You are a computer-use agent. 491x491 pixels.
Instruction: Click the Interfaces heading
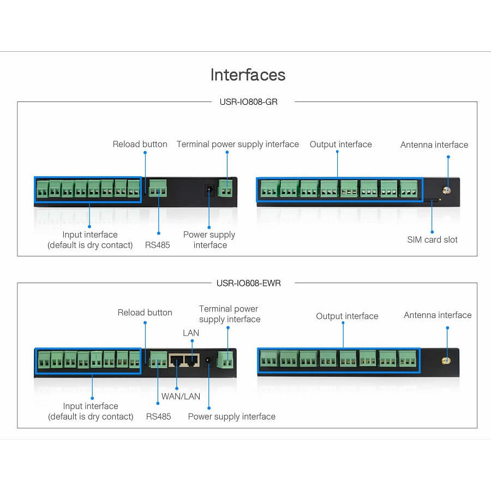(x=248, y=75)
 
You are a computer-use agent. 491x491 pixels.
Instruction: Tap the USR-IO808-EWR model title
(x=249, y=283)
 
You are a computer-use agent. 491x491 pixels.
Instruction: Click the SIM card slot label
(x=432, y=239)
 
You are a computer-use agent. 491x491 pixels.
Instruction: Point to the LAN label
(x=191, y=333)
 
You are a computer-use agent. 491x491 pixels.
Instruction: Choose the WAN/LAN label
(x=181, y=396)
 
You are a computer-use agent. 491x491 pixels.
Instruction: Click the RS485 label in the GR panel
(x=158, y=245)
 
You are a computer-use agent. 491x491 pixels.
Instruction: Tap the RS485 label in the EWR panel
(x=158, y=416)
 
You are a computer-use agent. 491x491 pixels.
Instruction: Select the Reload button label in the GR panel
(x=140, y=144)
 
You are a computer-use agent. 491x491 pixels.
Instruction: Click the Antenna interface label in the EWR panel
(x=438, y=315)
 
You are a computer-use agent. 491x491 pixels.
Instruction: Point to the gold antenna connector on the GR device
(x=446, y=191)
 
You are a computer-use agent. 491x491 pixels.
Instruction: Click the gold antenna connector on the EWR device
(x=446, y=361)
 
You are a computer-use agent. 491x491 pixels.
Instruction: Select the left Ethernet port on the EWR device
(x=177, y=360)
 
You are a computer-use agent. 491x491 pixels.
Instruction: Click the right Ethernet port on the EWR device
(x=190, y=360)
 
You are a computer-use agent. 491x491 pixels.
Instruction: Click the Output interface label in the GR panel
(x=340, y=144)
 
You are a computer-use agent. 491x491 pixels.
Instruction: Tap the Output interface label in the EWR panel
(x=347, y=316)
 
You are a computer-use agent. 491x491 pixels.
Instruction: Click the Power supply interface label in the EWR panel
(x=231, y=416)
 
